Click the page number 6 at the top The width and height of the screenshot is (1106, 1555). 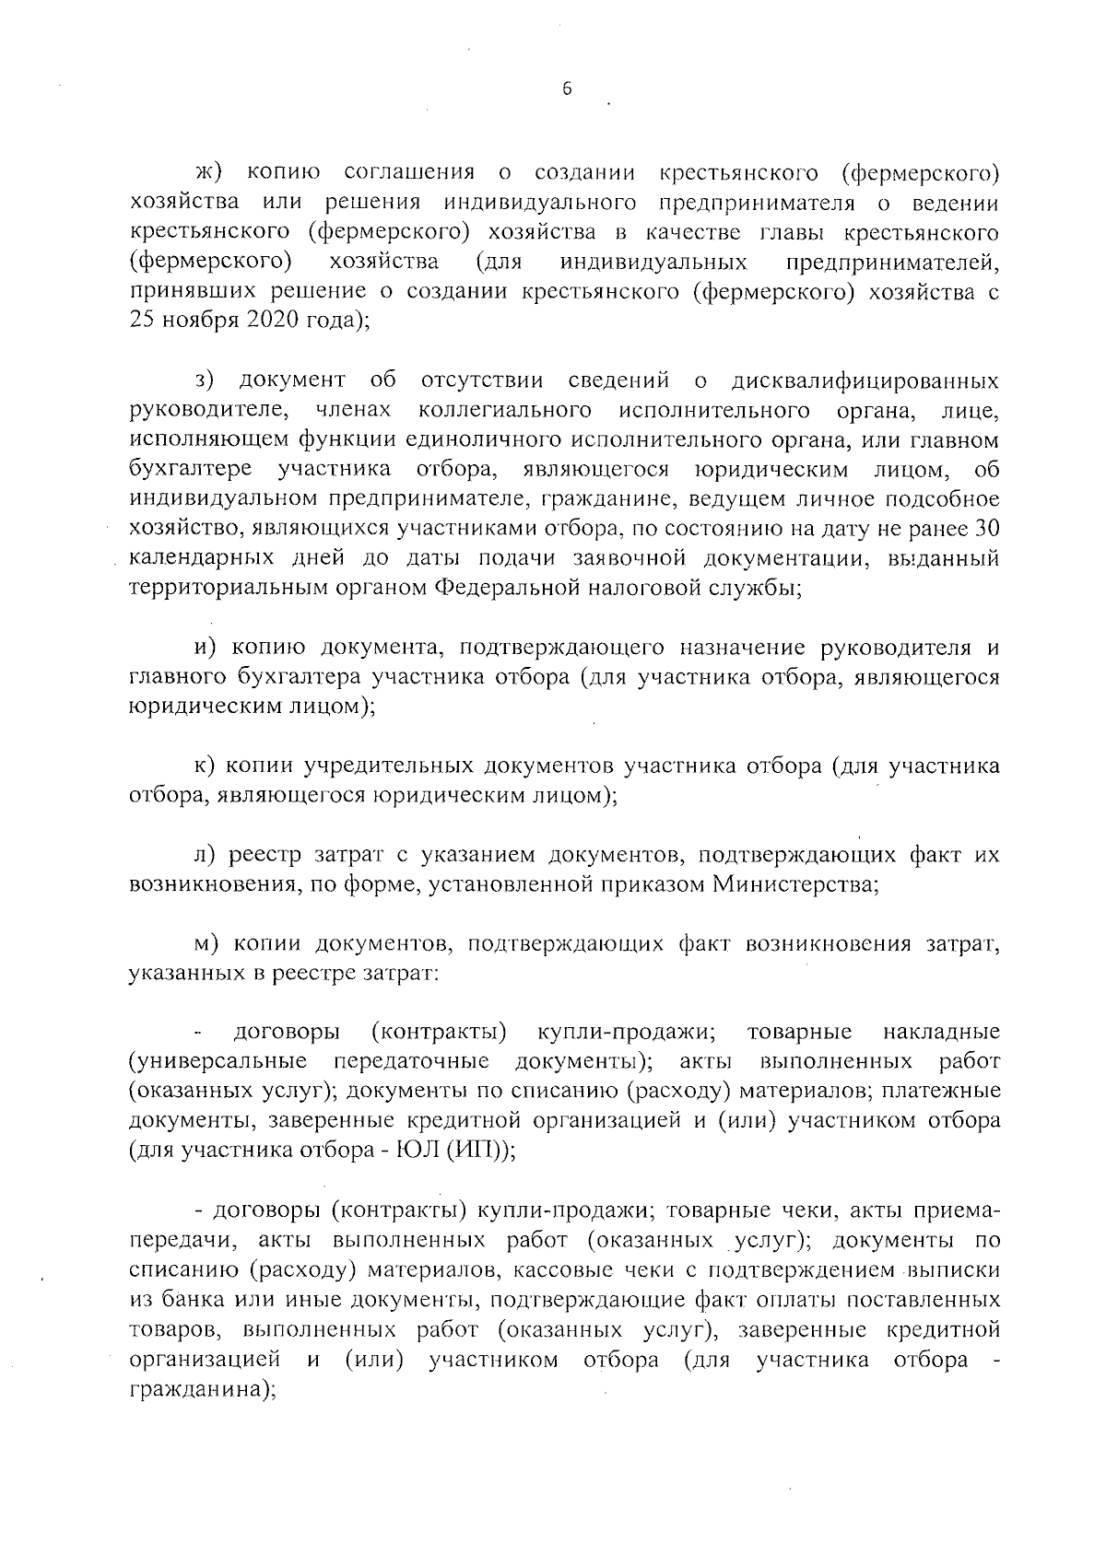click(x=567, y=89)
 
